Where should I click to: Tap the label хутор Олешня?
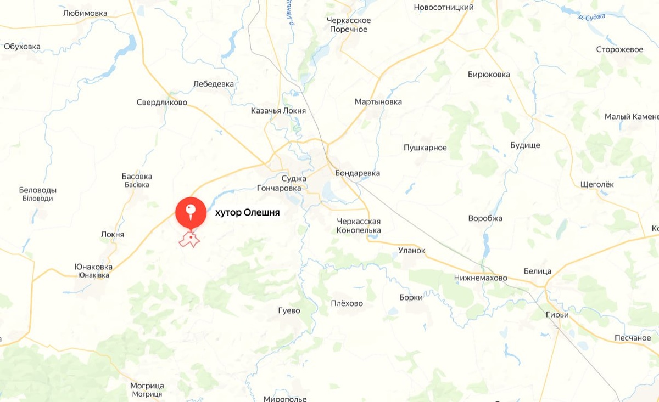[247, 213]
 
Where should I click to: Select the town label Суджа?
[293, 178]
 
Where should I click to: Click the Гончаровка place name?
[279, 188]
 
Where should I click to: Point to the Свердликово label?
[161, 103]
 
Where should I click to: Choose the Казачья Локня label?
[278, 110]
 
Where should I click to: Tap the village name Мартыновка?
[378, 102]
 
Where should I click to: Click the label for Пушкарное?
[425, 148]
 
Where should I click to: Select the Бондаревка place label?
[358, 173]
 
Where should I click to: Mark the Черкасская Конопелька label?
[359, 225]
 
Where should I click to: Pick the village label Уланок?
[412, 250]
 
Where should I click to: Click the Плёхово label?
[347, 303]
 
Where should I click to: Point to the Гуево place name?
[289, 310]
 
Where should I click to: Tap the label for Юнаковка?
[93, 267]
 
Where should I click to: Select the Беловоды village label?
[38, 190]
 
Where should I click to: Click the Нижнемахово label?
[481, 278]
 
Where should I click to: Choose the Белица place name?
[537, 271]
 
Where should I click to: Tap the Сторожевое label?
[619, 49]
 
